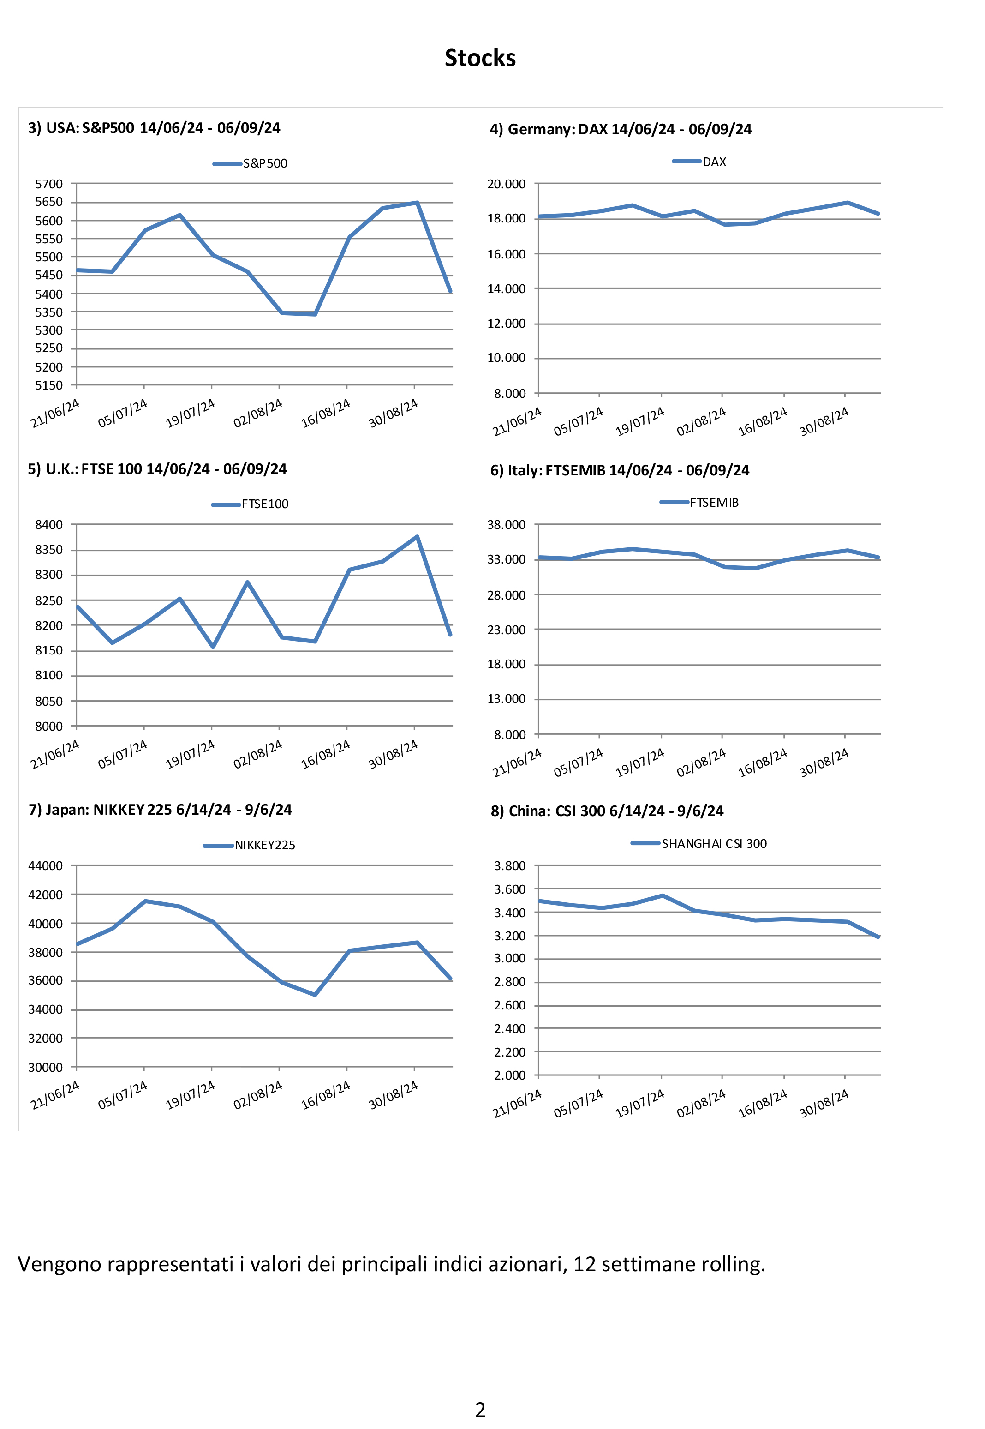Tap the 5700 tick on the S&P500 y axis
49,184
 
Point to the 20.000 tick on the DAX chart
506,184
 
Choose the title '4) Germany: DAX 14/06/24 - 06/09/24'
620,130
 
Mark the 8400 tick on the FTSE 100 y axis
49,525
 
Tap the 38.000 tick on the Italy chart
506,525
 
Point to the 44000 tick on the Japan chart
46,865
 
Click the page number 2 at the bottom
480,1409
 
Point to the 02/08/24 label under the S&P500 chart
258,412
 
